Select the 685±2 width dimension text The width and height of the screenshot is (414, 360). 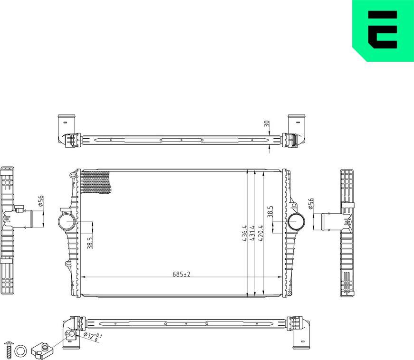point(181,274)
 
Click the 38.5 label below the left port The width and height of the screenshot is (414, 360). point(90,242)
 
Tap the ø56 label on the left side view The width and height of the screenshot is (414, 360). point(41,201)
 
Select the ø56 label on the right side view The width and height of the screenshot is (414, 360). point(311,203)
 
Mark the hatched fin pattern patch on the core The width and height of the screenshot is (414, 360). point(97,183)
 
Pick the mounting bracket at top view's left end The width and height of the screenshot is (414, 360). point(66,129)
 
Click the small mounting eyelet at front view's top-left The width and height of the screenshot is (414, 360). point(73,176)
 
